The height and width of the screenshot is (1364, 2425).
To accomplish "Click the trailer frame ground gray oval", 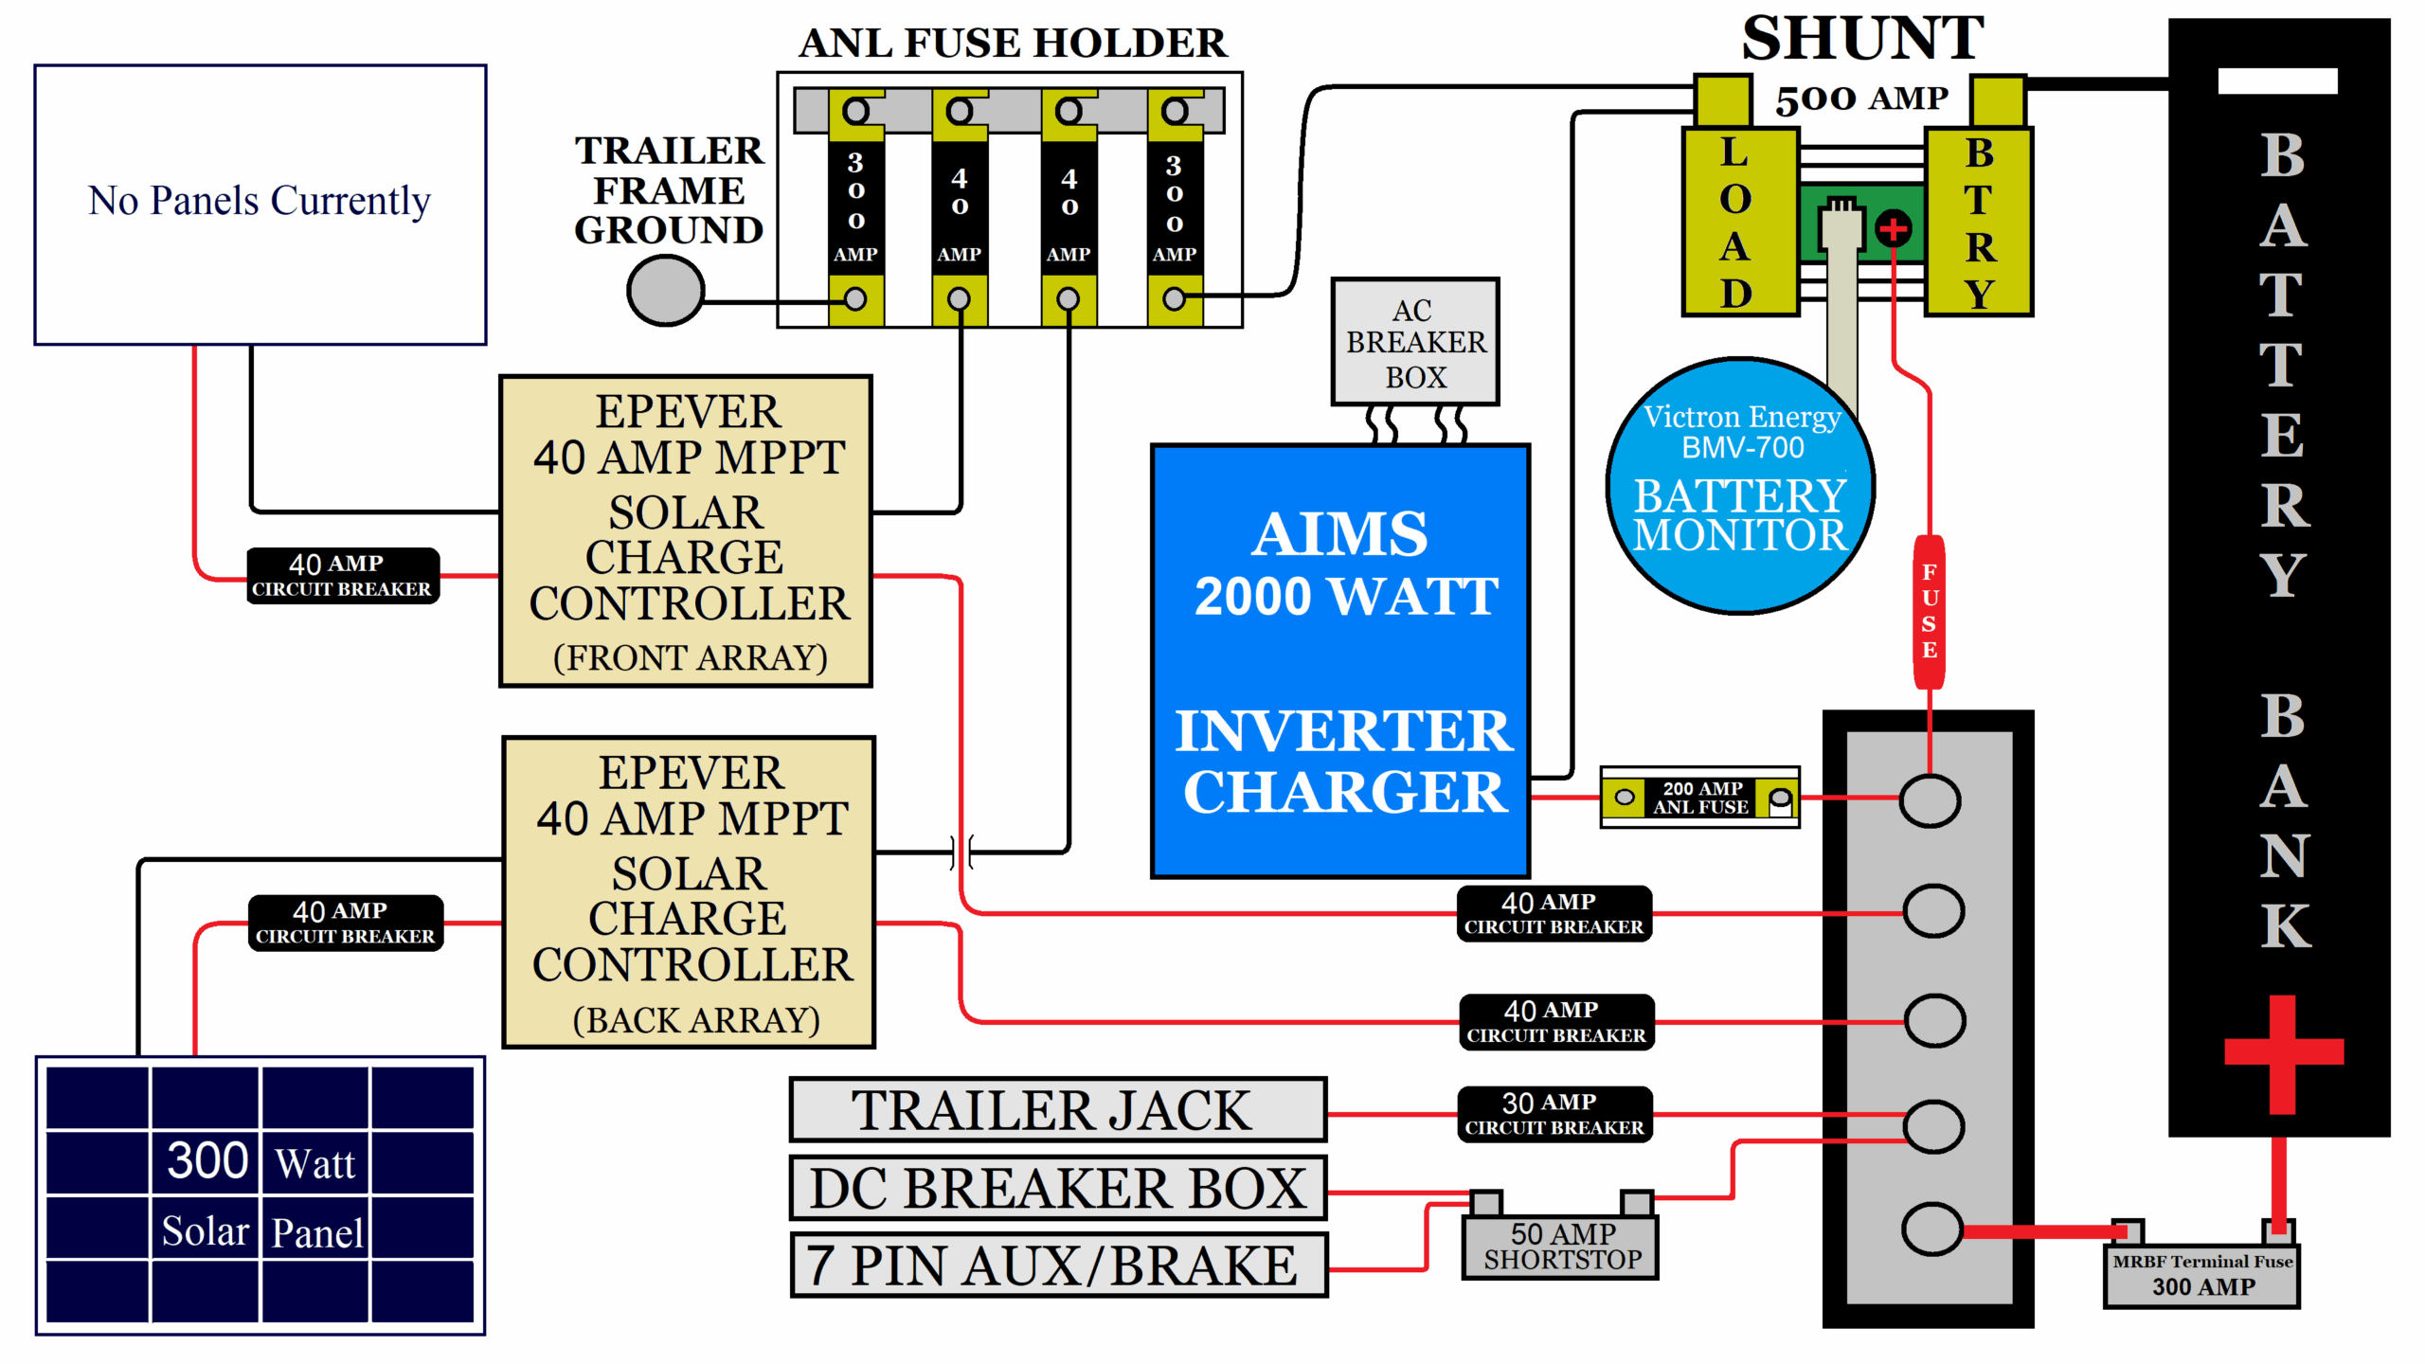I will coord(665,291).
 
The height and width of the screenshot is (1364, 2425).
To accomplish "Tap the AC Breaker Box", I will coord(1415,342).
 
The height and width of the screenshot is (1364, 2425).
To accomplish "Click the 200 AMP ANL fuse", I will coord(1699,798).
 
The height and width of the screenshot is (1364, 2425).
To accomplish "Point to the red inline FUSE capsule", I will coord(1930,612).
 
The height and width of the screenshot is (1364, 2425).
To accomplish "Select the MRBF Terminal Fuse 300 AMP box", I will coord(2201,1275).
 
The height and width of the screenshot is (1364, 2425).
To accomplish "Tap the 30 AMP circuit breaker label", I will coord(1554,1114).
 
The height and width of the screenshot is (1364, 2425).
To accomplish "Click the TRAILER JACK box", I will coord(1057,1110).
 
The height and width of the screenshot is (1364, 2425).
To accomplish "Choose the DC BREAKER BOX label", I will coord(1057,1188).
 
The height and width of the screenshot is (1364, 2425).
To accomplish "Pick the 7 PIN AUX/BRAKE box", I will coord(1057,1265).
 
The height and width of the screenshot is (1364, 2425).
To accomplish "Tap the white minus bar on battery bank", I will coord(2277,81).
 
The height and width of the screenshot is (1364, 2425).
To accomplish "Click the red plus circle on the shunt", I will coord(1893,229).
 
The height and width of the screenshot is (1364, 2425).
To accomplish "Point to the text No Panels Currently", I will coord(260,201).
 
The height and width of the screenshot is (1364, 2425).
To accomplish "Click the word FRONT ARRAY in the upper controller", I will coord(690,657).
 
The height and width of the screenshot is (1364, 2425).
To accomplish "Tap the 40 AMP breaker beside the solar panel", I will coord(345,923).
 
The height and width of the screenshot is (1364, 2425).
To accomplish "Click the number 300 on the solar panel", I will coord(207,1160).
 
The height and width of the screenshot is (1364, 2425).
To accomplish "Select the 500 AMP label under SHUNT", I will coord(1860,99).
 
